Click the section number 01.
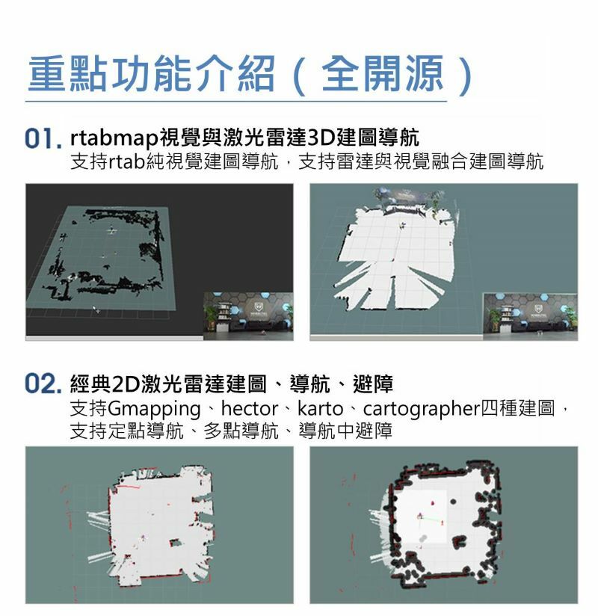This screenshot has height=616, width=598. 43,138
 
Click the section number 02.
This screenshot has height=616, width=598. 43,384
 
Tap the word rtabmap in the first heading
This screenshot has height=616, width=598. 114,138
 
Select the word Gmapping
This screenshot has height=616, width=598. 155,410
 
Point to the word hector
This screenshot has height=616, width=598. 250,408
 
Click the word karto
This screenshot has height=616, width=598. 320,408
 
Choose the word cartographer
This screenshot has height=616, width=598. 422,410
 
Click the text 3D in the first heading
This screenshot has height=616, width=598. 320,138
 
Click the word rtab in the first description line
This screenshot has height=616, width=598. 127,161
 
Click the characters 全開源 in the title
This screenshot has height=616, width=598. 382,73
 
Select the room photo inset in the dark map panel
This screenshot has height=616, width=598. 248,316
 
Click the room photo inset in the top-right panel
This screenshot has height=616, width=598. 531,316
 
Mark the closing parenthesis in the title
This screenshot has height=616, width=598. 466,76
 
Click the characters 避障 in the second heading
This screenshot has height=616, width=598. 373,384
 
